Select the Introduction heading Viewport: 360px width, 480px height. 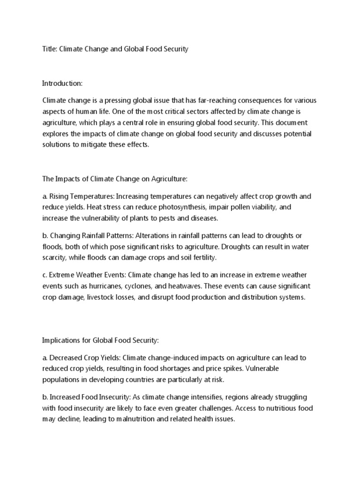click(62, 83)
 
